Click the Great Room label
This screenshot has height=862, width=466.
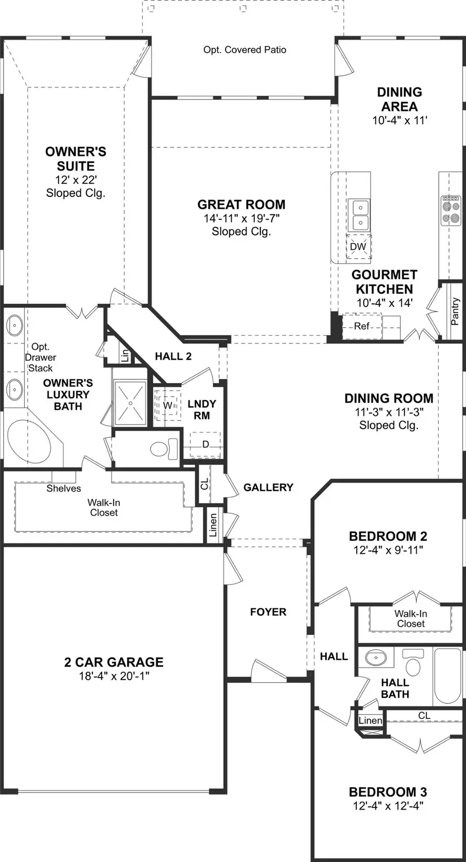241,205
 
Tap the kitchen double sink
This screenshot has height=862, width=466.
358,215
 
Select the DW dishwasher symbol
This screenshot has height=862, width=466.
358,247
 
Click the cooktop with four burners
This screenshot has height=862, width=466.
450,210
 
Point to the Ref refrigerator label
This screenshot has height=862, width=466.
361,326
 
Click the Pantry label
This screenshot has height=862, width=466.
455,311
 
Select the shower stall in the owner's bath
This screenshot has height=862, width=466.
130,403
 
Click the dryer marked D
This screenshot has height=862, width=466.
206,444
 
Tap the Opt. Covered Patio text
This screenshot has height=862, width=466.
244,50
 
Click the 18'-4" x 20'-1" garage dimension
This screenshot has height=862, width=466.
114,676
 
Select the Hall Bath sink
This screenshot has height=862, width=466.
375,658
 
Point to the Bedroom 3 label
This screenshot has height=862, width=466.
387,792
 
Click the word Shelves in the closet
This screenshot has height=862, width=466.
64,488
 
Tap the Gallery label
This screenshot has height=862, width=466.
268,487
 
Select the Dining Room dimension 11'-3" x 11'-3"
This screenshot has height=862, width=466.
389,412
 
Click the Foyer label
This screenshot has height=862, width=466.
268,612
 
